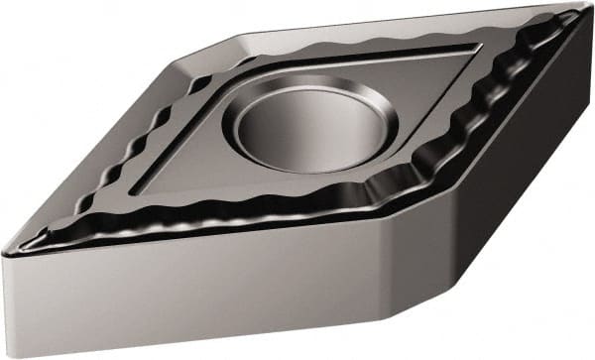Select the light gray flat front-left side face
tap(178, 298)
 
